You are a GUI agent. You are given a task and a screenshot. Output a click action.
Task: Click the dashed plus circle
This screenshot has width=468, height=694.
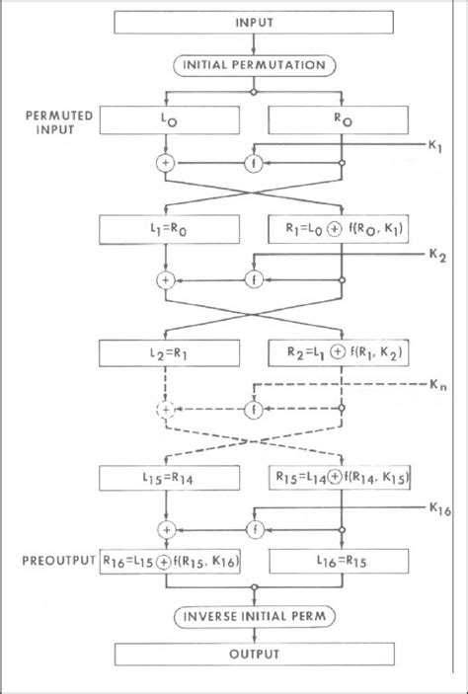(165, 407)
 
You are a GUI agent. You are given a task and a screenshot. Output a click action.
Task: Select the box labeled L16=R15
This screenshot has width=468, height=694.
(342, 562)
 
